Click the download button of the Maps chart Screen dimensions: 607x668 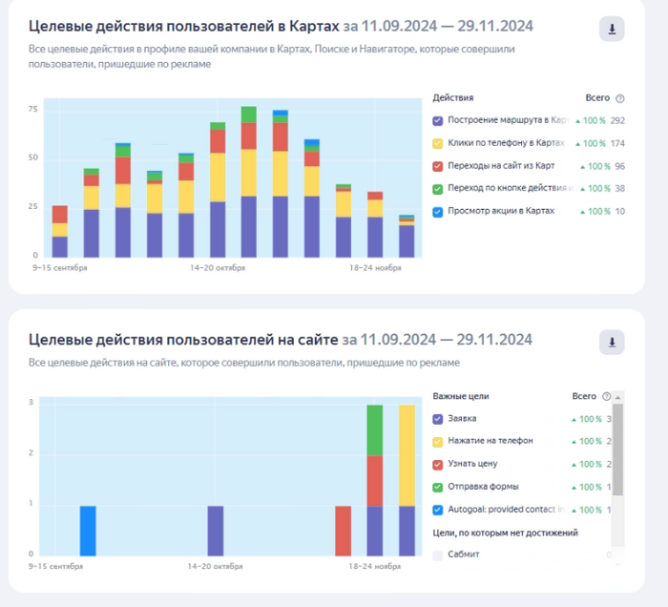click(612, 30)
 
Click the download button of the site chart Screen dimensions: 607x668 click(612, 341)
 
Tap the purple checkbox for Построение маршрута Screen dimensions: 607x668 click(438, 121)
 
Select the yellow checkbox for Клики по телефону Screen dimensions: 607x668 click(438, 143)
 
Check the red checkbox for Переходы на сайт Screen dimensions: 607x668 click(438, 166)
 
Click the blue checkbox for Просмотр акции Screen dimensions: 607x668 click(438, 210)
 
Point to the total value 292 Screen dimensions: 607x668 click(616, 121)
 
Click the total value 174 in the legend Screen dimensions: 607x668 click(616, 143)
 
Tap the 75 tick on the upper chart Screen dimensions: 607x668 click(32, 110)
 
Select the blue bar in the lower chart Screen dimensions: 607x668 click(88, 530)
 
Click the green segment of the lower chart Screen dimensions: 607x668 click(375, 429)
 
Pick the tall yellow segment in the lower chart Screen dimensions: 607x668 click(407, 455)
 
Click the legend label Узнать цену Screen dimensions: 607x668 click(474, 463)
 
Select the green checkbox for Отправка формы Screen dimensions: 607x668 click(438, 487)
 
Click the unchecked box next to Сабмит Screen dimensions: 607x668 click(438, 555)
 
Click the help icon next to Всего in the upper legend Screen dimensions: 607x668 click(620, 98)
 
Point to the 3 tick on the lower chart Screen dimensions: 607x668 click(32, 403)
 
